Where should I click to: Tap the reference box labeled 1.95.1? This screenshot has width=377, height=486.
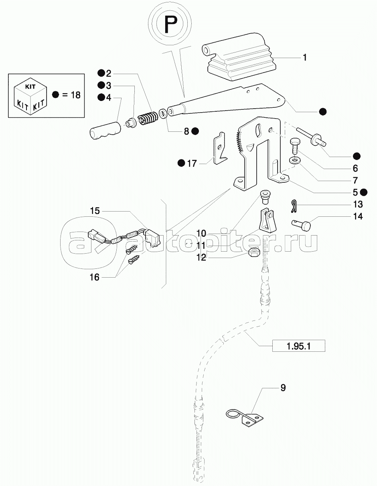(x=299, y=345)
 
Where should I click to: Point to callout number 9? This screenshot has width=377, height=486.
(x=283, y=388)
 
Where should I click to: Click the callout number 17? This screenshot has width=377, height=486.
(x=192, y=163)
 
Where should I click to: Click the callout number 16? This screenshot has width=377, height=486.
(x=94, y=277)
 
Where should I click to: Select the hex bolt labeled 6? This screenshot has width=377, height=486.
(x=295, y=147)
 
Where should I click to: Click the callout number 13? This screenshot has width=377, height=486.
(x=358, y=204)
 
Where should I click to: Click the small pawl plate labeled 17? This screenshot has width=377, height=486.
(x=220, y=149)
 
